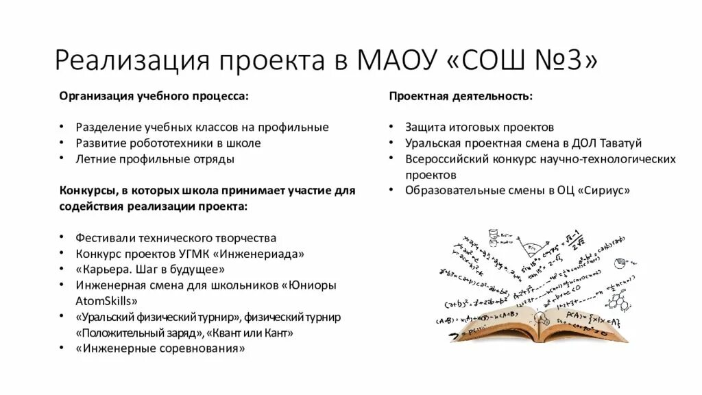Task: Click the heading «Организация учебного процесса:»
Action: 154,96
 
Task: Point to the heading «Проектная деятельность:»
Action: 461,96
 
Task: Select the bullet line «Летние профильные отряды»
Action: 155,159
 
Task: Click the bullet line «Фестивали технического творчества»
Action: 176,238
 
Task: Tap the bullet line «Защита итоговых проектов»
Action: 479,128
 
